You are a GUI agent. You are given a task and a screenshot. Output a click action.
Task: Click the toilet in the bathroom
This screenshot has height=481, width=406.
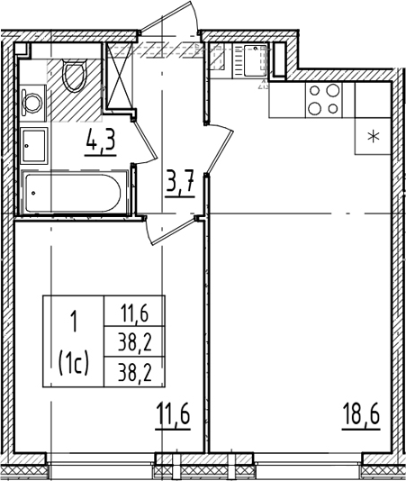(74, 76)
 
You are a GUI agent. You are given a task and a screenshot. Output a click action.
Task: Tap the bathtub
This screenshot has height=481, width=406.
(73, 193)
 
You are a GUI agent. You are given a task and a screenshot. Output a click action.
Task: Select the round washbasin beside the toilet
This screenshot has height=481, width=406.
(32, 102)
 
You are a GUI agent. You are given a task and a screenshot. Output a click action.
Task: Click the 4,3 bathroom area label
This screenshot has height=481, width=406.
(101, 141)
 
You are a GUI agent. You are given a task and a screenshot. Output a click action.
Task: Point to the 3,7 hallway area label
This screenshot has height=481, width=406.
(180, 183)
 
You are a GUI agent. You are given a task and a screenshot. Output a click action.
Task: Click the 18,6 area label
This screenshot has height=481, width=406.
(361, 414)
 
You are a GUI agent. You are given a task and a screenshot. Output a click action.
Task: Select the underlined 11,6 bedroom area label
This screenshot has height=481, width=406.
(173, 414)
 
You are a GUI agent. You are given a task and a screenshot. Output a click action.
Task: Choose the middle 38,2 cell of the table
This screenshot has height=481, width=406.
(135, 342)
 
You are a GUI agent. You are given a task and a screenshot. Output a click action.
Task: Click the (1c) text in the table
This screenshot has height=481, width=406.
(74, 364)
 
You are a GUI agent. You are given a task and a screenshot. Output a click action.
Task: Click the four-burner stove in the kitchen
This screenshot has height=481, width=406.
(324, 100)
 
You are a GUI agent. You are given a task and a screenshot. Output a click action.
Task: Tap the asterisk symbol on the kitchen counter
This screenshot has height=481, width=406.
(374, 136)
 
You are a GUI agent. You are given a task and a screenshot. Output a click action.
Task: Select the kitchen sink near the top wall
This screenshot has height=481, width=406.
(254, 60)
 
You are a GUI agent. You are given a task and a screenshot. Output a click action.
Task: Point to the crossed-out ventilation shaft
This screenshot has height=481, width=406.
(120, 76)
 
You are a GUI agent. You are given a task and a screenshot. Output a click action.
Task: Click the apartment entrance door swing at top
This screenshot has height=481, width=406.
(169, 17)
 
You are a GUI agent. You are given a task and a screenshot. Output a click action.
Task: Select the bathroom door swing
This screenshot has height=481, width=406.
(145, 141)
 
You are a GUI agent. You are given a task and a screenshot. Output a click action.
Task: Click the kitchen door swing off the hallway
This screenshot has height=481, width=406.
(220, 149)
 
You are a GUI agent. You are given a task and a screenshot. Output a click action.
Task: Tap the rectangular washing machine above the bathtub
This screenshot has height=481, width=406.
(33, 146)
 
